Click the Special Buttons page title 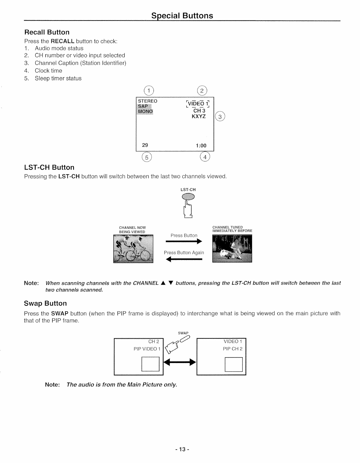pyautogui.click(x=182, y=15)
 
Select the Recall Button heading pyautogui.click(x=47, y=32)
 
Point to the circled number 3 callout pyautogui.click(x=220, y=117)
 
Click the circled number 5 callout pyautogui.click(x=146, y=157)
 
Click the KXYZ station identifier pyautogui.click(x=199, y=116)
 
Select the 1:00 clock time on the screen pyautogui.click(x=201, y=145)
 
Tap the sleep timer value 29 pyautogui.click(x=145, y=145)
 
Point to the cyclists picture pyautogui.click(x=133, y=249)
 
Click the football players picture pyautogui.click(x=232, y=249)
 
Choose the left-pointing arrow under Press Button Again pyautogui.click(x=184, y=260)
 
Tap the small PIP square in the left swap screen pyautogui.click(x=150, y=364)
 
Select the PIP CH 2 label pyautogui.click(x=233, y=349)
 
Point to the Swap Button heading pyautogui.click(x=45, y=303)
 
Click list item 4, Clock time pyautogui.click(x=48, y=71)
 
